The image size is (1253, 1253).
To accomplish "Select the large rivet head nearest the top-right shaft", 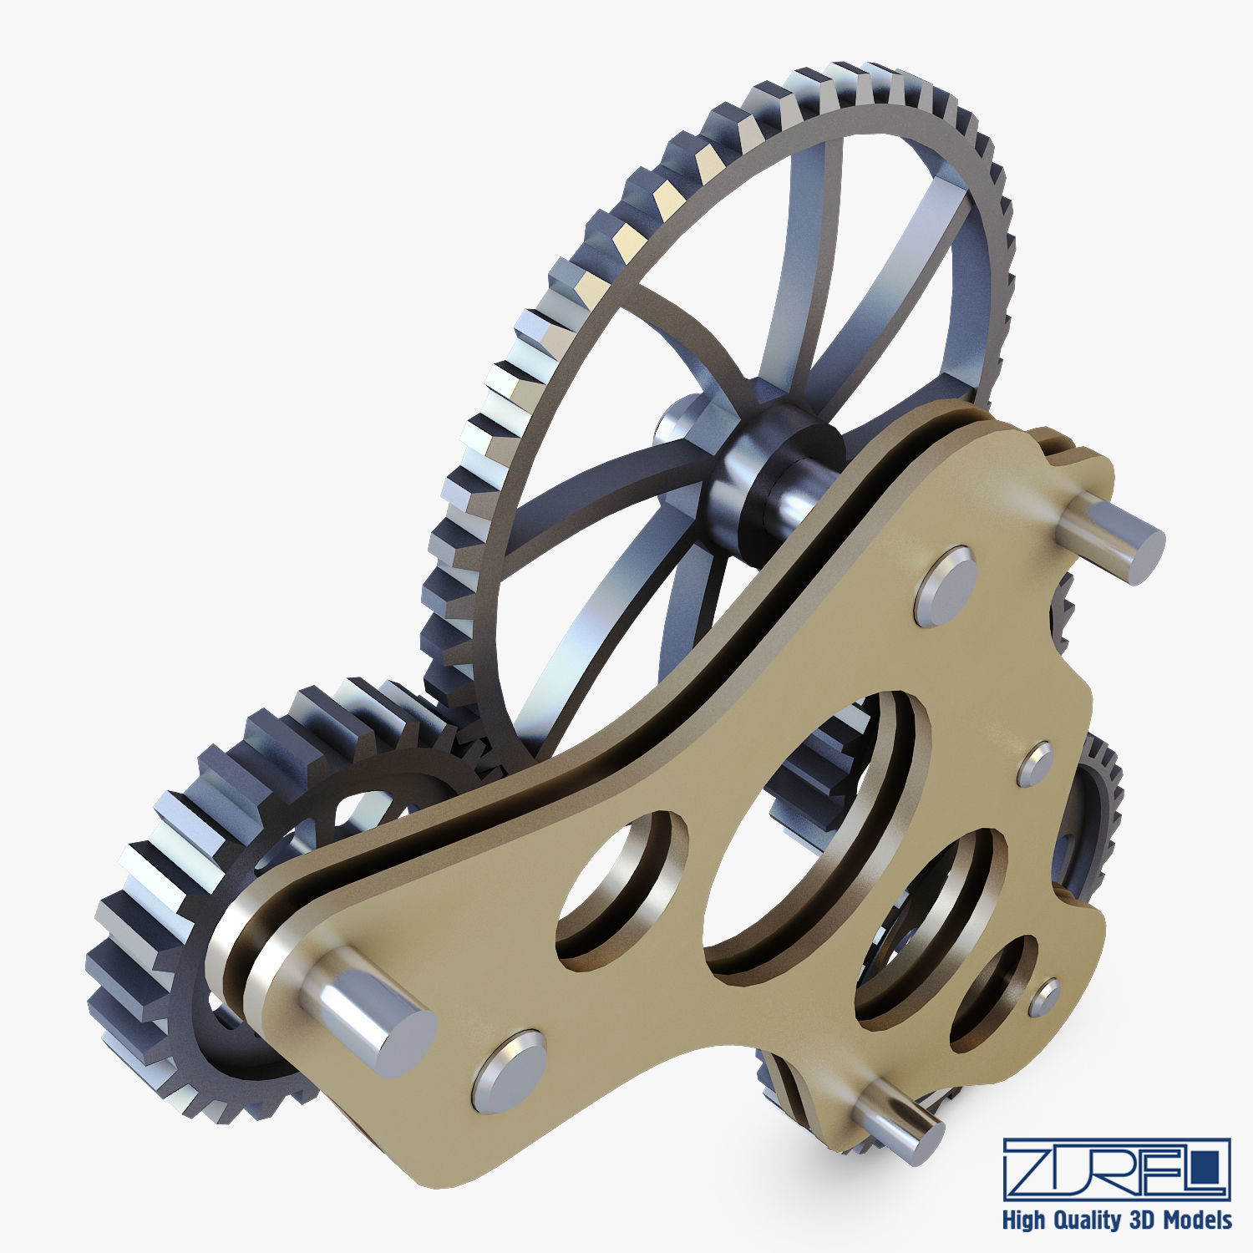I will pos(946,586).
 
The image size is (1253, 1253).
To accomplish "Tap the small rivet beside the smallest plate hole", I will pos(1045,997).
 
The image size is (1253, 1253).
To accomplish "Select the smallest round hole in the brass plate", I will pos(996,990).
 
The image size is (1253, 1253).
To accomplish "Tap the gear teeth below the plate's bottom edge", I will pos(802,1094).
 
